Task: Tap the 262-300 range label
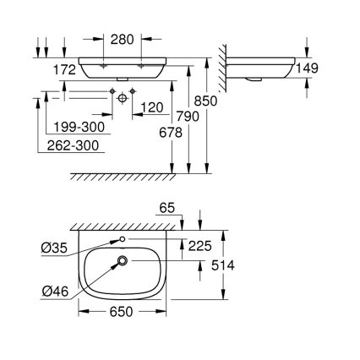pos(75,146)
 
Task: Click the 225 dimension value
pos(202,248)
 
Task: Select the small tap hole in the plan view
pos(123,242)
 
